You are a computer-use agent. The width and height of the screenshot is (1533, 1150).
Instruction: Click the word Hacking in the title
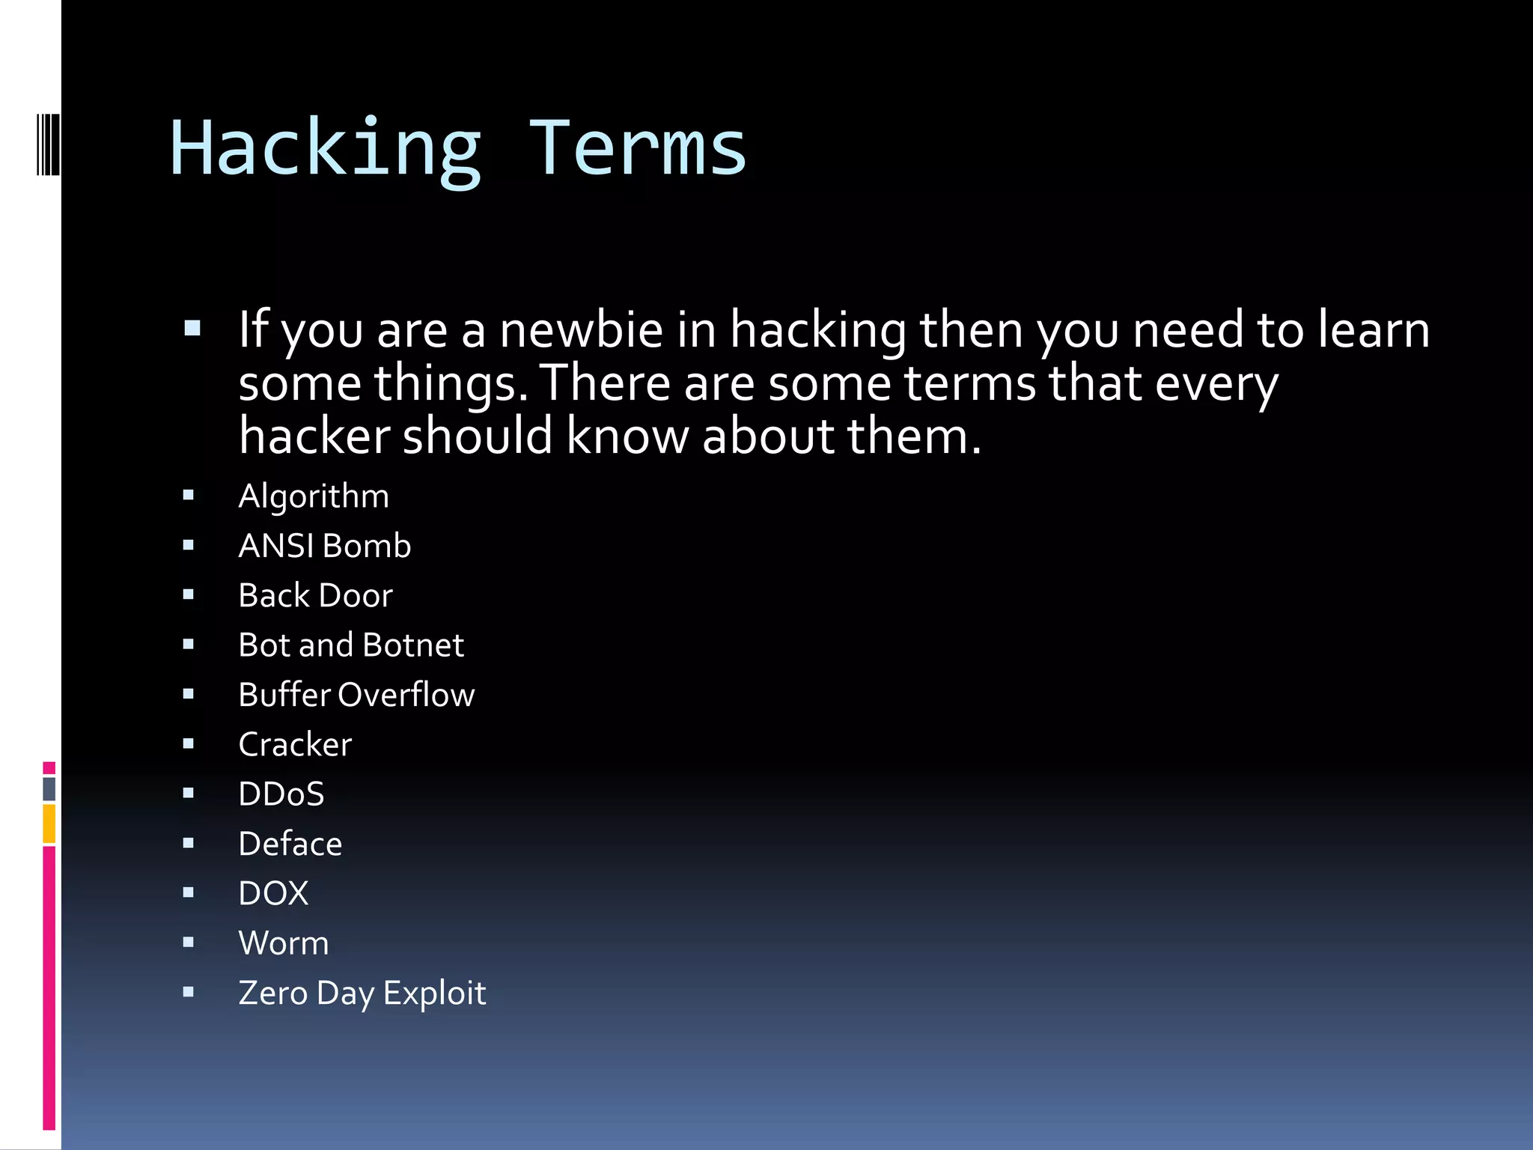[326, 150]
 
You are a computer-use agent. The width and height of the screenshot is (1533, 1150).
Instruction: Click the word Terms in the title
[638, 150]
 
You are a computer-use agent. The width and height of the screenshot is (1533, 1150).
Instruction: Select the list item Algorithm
[314, 496]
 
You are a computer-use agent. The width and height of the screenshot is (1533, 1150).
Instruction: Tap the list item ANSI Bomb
[324, 546]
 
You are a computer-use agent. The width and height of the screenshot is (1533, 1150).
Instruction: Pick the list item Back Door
[315, 596]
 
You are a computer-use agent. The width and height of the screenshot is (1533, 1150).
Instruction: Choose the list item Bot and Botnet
[351, 645]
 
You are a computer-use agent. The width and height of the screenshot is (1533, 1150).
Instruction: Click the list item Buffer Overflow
[356, 695]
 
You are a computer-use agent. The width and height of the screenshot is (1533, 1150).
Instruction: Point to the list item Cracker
[295, 744]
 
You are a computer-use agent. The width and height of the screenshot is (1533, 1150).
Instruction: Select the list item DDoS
[281, 794]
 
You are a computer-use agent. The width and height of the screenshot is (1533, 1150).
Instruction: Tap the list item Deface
[290, 844]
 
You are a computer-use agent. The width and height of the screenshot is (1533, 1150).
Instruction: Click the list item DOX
[273, 893]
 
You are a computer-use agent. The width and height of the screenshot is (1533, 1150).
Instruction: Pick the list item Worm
[284, 943]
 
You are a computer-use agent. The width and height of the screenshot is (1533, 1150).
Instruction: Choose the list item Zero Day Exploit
[362, 993]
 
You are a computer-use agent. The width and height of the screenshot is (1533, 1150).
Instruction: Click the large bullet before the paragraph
[192, 328]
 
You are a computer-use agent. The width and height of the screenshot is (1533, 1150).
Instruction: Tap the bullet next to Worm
[189, 943]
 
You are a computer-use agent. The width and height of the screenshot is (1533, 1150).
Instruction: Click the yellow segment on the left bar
[49, 824]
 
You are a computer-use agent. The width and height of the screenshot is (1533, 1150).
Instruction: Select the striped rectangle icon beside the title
[48, 144]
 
